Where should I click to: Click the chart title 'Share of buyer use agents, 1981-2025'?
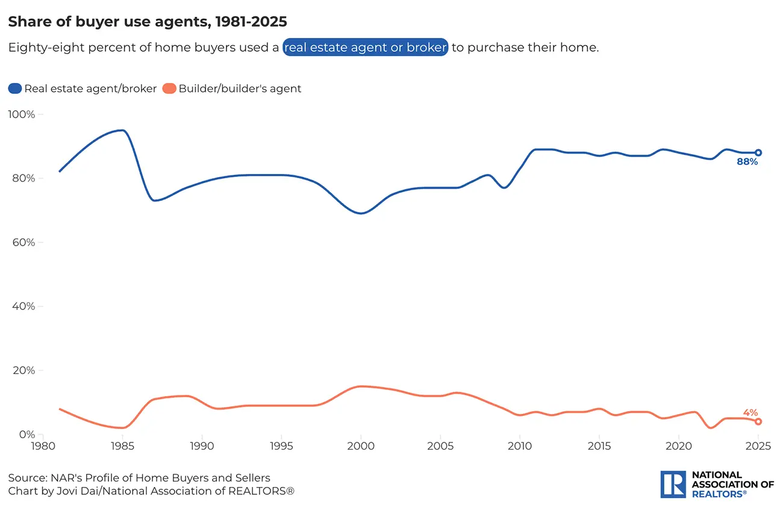(147, 22)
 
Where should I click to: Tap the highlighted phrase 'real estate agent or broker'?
(365, 48)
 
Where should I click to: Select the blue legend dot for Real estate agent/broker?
(15, 88)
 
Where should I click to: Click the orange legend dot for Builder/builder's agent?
(169, 88)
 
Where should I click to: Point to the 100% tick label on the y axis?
(22, 114)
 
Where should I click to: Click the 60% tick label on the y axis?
(24, 243)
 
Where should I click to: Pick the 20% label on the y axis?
(24, 370)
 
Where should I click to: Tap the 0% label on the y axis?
(27, 434)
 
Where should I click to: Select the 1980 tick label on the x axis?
(43, 447)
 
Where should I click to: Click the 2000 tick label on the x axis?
(361, 447)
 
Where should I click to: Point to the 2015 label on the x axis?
(599, 447)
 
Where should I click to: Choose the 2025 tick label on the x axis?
(758, 447)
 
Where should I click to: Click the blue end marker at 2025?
(758, 153)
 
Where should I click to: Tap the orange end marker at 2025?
(758, 421)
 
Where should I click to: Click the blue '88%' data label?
(747, 162)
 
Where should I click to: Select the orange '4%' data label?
(750, 412)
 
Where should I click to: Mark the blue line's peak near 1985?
(122, 130)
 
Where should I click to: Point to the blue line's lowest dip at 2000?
(361, 213)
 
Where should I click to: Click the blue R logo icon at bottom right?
(673, 484)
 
